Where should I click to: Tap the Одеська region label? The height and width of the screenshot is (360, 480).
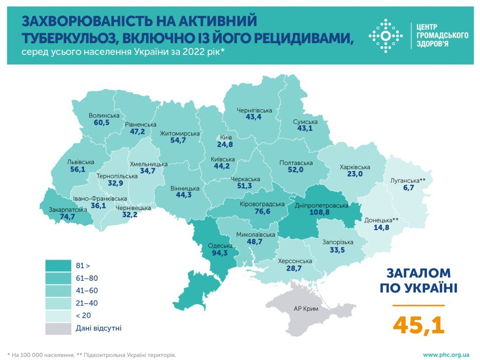pyautogui.click(x=220, y=246)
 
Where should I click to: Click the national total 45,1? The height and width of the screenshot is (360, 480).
pyautogui.click(x=419, y=324)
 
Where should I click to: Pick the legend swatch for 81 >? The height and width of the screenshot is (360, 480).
pyautogui.click(x=58, y=266)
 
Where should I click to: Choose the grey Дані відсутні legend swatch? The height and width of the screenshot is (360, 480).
pyautogui.click(x=58, y=328)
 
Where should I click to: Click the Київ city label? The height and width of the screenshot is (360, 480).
pyautogui.click(x=225, y=137)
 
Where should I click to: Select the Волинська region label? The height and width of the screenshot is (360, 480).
pyautogui.click(x=104, y=115)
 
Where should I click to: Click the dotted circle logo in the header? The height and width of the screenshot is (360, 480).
pyautogui.click(x=385, y=36)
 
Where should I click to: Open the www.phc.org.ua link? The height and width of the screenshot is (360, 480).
pyautogui.click(x=446, y=355)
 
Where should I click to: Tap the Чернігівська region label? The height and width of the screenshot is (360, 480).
pyautogui.click(x=254, y=111)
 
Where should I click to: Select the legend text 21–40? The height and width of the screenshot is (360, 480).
pyautogui.click(x=86, y=303)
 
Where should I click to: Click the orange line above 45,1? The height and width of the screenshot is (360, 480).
pyautogui.click(x=419, y=305)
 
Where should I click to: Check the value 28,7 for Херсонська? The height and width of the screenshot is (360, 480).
pyautogui.click(x=295, y=269)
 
